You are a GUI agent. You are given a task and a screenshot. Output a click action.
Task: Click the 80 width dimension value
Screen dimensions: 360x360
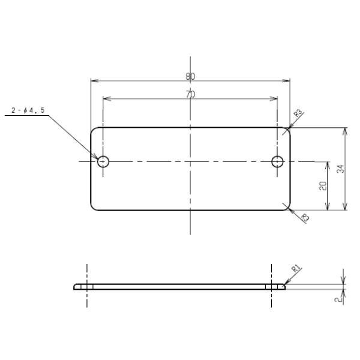pyautogui.click(x=190, y=76)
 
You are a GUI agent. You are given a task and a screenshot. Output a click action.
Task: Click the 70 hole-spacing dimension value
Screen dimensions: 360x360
pyautogui.click(x=190, y=94)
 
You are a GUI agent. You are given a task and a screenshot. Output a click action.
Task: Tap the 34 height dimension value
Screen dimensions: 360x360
pyautogui.click(x=341, y=169)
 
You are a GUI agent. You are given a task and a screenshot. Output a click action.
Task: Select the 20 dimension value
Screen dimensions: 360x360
pyautogui.click(x=323, y=186)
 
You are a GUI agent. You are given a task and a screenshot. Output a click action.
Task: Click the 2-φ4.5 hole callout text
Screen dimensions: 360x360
pyautogui.click(x=28, y=110)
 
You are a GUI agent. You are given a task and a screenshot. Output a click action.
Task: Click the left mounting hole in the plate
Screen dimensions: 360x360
pyautogui.click(x=103, y=161)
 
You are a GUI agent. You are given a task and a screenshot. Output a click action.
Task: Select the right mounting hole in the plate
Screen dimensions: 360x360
pyautogui.click(x=277, y=161)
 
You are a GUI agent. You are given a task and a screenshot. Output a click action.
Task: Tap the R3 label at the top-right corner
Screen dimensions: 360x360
pyautogui.click(x=298, y=113)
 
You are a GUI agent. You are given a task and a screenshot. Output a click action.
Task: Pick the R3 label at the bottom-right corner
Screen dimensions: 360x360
pyautogui.click(x=305, y=217)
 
